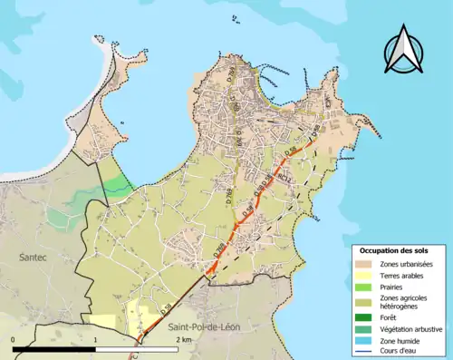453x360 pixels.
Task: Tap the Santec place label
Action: coord(34,258)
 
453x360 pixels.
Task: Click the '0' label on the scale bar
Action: coord(14,338)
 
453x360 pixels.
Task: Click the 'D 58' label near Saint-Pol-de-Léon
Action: coord(166,309)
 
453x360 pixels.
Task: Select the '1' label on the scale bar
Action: coord(96,338)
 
